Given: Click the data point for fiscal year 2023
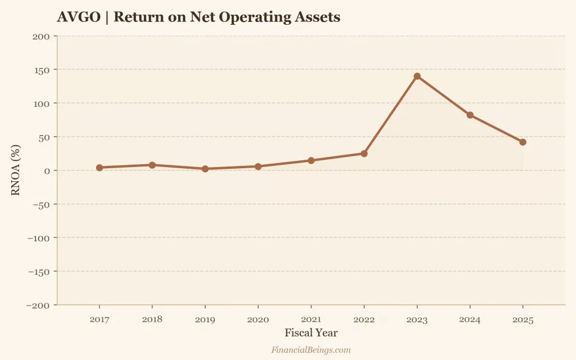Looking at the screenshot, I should point(417,76).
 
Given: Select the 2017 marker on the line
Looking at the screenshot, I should point(100,168).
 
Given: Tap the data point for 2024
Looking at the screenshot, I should point(470,115).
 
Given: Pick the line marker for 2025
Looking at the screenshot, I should point(523,142).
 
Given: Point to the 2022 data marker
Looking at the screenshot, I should point(364,154).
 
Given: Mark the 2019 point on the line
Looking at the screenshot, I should point(205,169).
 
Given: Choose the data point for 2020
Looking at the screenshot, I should point(258,166).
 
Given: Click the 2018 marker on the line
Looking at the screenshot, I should point(152,165).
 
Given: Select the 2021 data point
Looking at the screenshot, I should point(311,160).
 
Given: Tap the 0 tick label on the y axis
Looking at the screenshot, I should point(47,170).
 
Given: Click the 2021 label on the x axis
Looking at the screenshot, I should point(311,319).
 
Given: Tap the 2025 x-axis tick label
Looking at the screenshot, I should point(523,319).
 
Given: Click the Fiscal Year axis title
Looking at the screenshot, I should point(311,332).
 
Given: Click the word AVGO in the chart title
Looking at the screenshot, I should point(78,17).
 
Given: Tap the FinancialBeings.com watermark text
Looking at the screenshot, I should point(311,350).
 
